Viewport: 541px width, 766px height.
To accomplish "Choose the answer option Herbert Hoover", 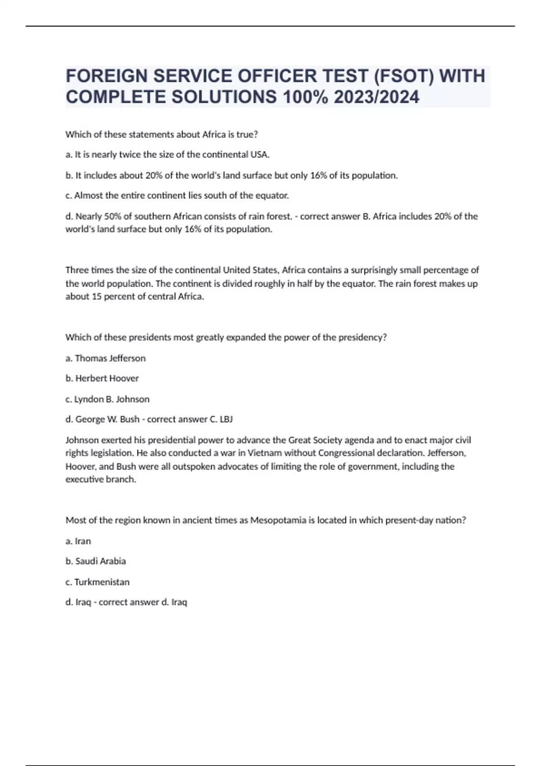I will (107, 378).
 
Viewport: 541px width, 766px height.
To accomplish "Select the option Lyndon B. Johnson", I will (112, 399).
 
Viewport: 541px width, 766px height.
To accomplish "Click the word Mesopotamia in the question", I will (278, 520).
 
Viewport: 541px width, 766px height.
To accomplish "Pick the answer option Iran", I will (83, 541).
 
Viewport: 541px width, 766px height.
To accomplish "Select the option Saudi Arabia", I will (101, 561).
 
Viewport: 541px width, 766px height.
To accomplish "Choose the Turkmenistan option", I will (102, 582).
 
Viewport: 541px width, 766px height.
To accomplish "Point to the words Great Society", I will (316, 440).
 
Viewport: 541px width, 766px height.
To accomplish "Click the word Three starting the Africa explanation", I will (77, 270).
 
